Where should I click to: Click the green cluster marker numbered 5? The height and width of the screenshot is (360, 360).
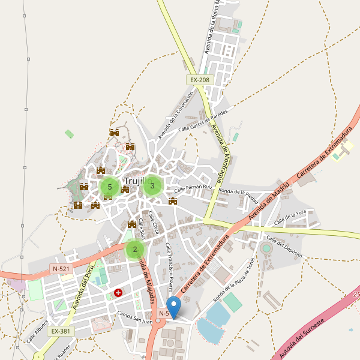tap(109, 187)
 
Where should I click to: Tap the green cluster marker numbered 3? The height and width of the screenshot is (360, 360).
tap(152, 186)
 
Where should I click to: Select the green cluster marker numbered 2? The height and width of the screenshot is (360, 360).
tap(135, 250)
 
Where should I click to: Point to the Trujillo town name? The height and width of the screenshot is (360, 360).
tap(137, 180)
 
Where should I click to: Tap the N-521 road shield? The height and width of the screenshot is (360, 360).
tap(62, 269)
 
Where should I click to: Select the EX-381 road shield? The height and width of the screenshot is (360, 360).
tap(61, 331)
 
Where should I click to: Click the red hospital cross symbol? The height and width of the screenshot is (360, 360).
tap(118, 293)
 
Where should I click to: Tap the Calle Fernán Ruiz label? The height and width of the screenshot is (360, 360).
tap(194, 188)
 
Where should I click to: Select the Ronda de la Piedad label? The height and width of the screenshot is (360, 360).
tap(239, 193)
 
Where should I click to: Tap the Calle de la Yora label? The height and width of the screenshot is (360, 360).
tap(290, 218)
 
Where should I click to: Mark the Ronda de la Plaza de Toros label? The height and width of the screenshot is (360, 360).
tap(235, 278)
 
